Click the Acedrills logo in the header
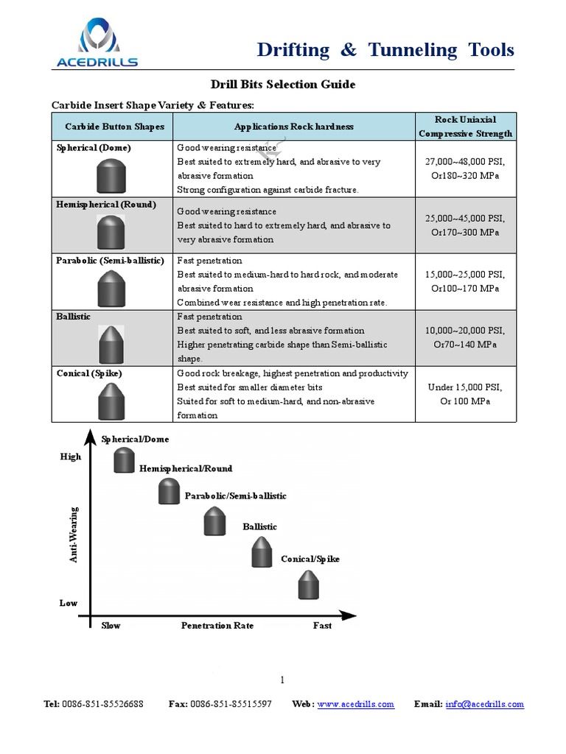pos(97,43)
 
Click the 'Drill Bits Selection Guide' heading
pos(284,85)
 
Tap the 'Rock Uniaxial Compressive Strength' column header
pos(465,127)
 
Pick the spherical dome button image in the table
pos(111,177)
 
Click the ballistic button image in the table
pos(111,343)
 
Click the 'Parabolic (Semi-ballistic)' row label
pos(110,261)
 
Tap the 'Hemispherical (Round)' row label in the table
pos(106,205)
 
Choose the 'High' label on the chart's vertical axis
pos(71,457)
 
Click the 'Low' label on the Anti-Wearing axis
pos(69,603)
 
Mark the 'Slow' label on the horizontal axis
pos(111,626)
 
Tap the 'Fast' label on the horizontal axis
pos(322,626)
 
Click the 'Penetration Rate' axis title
pos(217,626)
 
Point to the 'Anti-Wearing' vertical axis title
pos(74,535)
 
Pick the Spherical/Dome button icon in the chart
pos(124,459)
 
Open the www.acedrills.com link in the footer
pos(356,705)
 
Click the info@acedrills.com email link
pos(484,705)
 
